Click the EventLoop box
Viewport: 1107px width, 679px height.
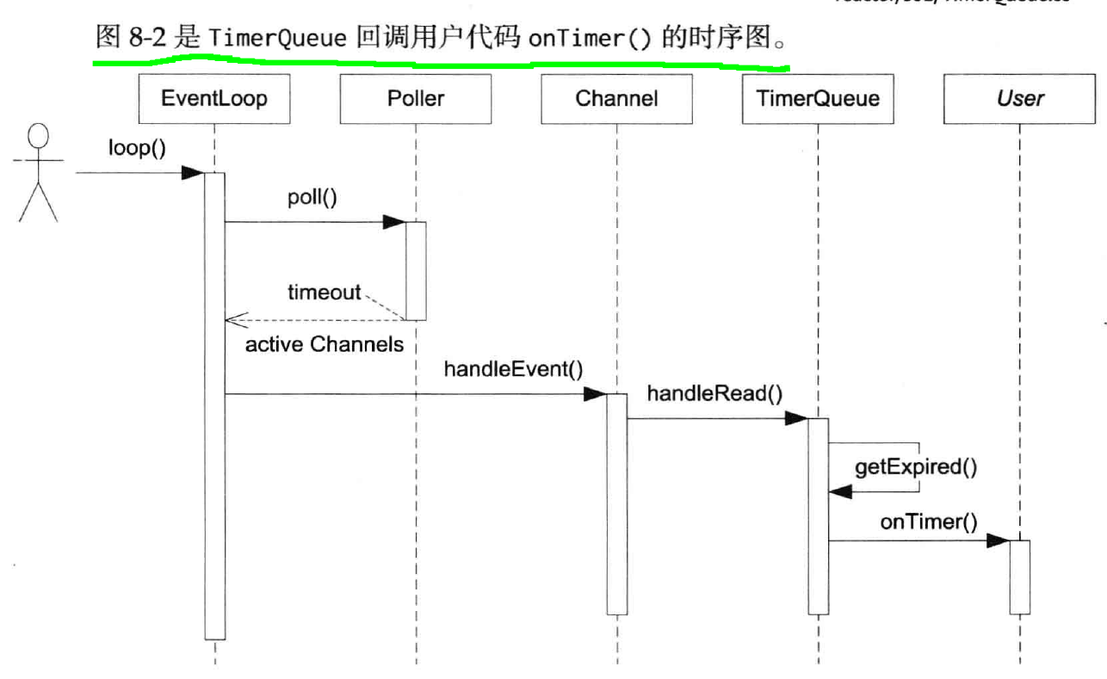213,98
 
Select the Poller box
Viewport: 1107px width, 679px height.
415,98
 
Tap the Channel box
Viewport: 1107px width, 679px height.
616,98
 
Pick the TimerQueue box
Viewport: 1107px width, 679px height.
817,98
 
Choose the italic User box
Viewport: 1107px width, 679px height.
1019,98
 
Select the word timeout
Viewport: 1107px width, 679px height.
324,293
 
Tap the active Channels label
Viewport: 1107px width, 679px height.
325,345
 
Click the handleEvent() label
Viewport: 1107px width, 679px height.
513,370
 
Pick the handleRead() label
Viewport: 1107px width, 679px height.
714,394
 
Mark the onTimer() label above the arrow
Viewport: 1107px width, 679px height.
928,522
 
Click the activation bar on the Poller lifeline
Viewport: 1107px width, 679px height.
415,271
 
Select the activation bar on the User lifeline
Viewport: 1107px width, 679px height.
1019,577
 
